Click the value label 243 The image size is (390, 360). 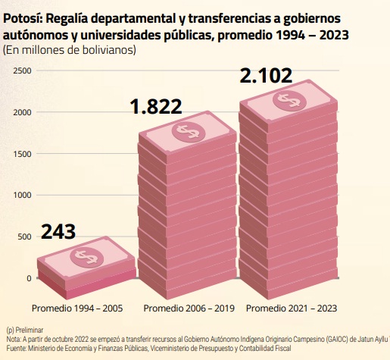[58, 231]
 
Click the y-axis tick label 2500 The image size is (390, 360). [23, 71]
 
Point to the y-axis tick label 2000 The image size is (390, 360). [23, 113]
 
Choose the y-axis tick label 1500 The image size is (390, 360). [23, 154]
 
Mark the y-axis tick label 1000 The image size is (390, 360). [23, 196]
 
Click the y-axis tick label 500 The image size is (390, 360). [25, 237]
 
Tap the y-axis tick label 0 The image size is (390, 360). [30, 278]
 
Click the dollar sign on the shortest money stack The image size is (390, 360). [84, 257]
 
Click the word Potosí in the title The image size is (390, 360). [23, 17]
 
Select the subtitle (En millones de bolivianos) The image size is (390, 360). [70, 50]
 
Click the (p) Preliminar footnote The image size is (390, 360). [24, 330]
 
